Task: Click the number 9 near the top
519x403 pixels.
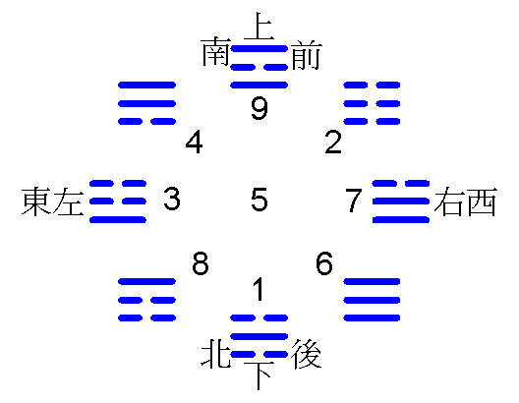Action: [259, 107]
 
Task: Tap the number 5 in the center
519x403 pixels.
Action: [259, 199]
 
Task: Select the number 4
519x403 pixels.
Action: [194, 143]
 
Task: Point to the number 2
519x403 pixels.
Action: [333, 142]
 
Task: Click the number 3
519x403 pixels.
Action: [172, 199]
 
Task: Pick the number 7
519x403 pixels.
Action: [354, 200]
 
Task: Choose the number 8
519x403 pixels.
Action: [201, 263]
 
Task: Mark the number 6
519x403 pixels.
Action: [324, 263]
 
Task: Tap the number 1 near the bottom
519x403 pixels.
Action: [259, 289]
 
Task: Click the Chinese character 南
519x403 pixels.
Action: [215, 52]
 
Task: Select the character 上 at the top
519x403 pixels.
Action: [259, 26]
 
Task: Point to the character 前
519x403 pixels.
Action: [306, 55]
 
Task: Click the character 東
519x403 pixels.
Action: [36, 201]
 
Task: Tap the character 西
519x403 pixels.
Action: [483, 201]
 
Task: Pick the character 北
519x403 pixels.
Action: [215, 354]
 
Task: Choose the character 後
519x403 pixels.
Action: [306, 354]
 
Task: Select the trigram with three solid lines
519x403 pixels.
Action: [372, 300]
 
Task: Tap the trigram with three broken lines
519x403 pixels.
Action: [372, 103]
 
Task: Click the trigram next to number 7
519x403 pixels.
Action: [401, 201]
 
